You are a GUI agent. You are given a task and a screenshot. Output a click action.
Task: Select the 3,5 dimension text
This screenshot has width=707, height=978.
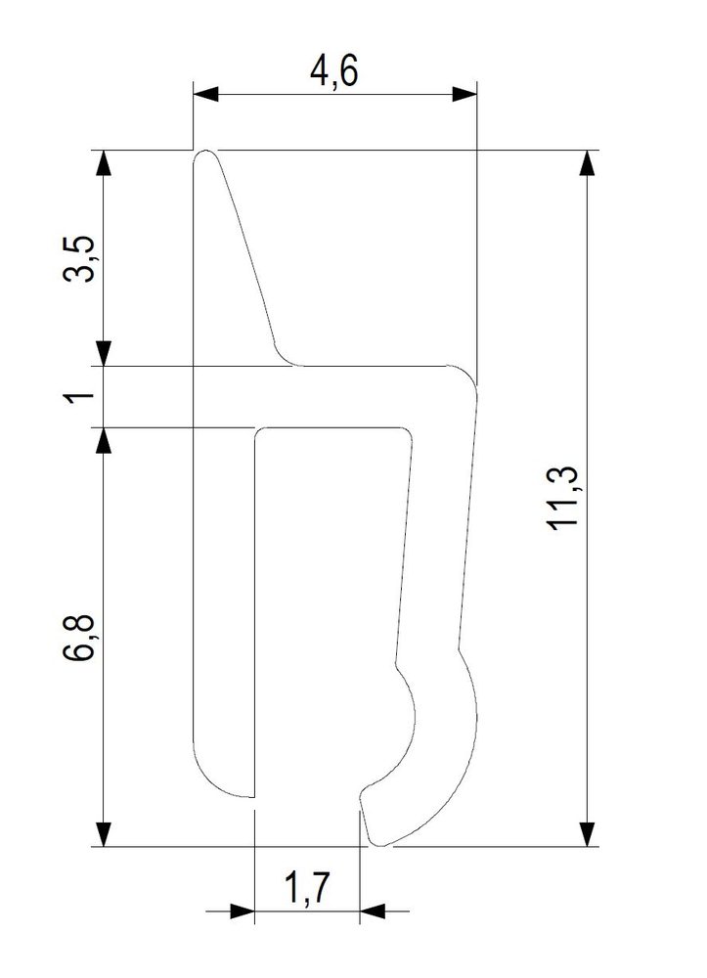click(x=80, y=258)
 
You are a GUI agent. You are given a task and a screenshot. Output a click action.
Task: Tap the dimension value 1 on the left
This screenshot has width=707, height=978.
click(x=80, y=396)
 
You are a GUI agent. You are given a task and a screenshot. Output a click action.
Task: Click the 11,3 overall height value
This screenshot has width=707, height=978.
click(x=563, y=499)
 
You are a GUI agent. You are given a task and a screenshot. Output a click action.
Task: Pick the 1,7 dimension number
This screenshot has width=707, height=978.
click(x=305, y=888)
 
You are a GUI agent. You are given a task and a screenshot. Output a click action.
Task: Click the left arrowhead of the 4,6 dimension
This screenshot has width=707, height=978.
click(x=206, y=94)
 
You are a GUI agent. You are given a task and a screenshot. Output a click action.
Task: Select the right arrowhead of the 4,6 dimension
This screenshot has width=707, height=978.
click(x=464, y=94)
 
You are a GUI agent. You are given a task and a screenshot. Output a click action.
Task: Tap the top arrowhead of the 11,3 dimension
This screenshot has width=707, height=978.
click(x=587, y=162)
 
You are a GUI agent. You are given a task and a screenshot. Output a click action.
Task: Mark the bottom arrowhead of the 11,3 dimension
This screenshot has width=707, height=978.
click(x=587, y=834)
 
